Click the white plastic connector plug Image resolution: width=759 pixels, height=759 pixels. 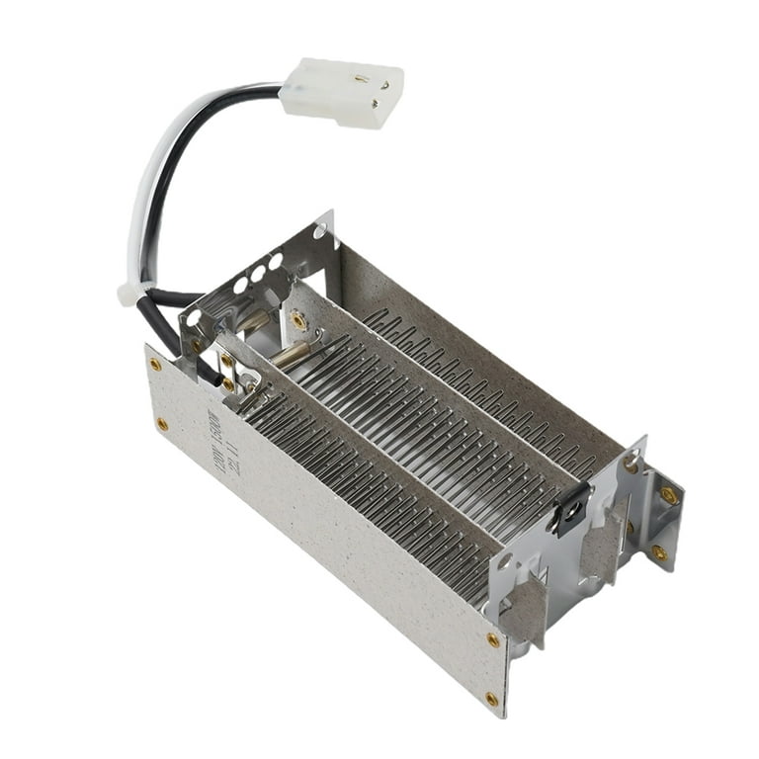click(341, 92)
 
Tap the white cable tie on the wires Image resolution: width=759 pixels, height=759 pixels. click(129, 293)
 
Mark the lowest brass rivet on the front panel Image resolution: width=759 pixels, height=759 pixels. click(491, 699)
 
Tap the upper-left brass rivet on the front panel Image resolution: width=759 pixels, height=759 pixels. click(155, 364)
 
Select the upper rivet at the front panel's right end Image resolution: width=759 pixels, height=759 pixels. click(493, 639)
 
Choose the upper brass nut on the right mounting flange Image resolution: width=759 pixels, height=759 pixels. click(668, 495)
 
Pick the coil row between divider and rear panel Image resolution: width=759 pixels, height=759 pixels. click(445, 415)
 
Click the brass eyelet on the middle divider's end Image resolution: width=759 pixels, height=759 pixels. click(297, 320)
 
